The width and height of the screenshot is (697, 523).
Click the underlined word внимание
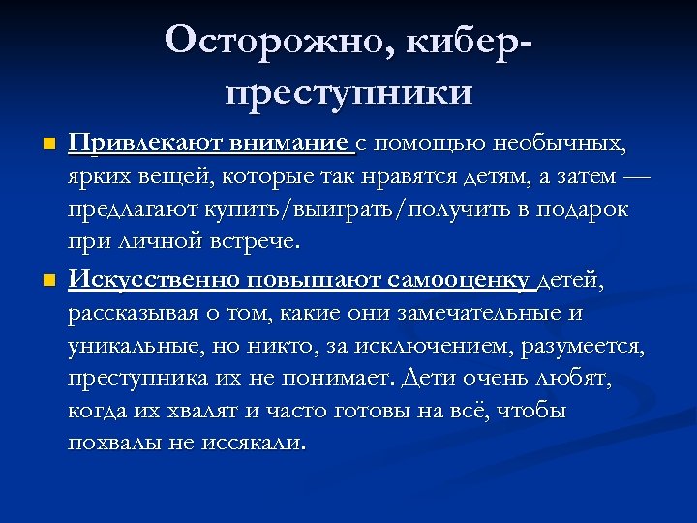290,145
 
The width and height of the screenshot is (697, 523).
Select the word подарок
580,209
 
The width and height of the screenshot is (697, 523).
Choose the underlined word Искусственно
154,281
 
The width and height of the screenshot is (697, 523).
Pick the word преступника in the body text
140,379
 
